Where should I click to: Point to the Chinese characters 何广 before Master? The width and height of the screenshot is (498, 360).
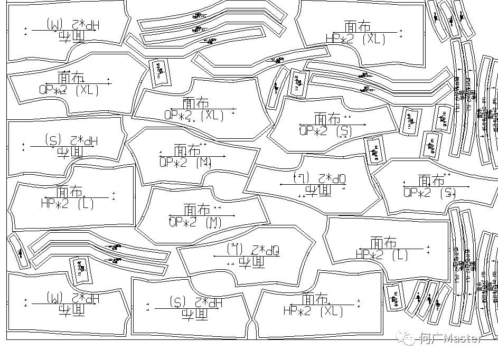click(429, 338)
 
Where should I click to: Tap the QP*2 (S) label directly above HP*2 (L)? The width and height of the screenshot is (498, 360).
click(429, 192)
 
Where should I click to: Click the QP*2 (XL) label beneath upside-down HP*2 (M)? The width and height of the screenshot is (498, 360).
click(69, 90)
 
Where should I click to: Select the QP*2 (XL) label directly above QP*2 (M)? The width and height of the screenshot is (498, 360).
click(194, 115)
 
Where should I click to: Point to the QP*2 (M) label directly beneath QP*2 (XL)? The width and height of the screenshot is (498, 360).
click(185, 163)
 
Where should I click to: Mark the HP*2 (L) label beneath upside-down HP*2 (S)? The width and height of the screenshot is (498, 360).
click(67, 203)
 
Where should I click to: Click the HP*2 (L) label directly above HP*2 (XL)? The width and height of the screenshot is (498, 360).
click(382, 254)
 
